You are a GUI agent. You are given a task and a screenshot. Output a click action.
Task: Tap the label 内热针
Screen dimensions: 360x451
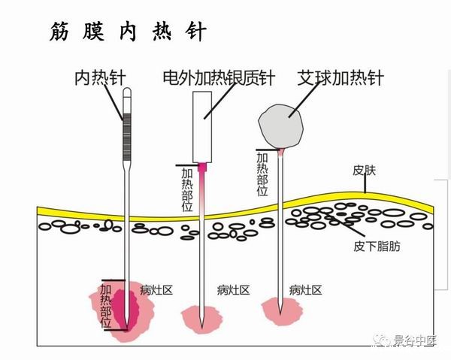tap(101, 77)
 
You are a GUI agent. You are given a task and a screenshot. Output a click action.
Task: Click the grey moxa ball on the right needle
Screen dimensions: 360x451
tap(283, 123)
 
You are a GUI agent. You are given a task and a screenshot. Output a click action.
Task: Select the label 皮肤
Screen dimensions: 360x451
tap(363, 171)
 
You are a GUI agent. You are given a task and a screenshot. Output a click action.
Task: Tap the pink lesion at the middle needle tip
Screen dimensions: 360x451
tap(201, 318)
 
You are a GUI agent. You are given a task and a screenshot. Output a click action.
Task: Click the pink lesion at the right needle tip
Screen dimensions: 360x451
tap(282, 310)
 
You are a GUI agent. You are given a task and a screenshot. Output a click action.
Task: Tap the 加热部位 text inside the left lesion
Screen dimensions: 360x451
tap(106, 305)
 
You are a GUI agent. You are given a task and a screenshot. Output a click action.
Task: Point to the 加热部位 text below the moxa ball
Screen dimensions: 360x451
tap(262, 174)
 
